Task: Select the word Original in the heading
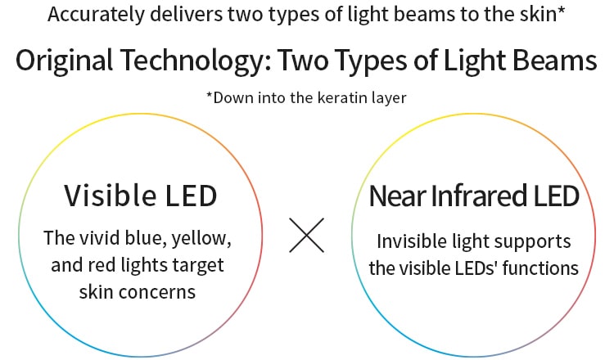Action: tap(65, 61)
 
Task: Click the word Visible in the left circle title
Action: tap(110, 196)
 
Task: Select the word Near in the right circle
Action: tap(398, 196)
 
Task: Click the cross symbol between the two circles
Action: tap(307, 235)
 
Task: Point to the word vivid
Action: tap(100, 237)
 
